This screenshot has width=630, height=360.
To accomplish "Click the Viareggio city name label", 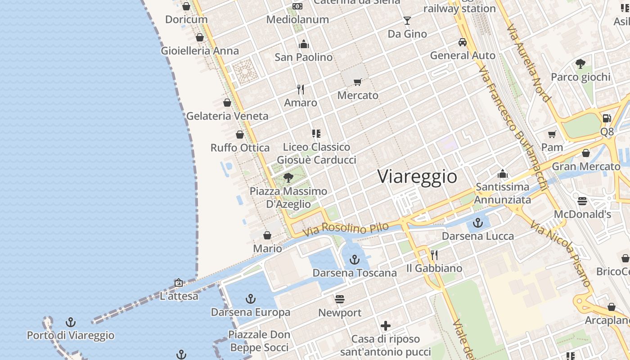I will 417,176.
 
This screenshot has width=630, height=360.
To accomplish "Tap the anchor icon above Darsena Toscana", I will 355,260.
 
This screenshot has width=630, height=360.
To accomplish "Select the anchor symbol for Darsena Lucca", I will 477,223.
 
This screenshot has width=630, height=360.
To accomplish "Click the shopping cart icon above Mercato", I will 358,82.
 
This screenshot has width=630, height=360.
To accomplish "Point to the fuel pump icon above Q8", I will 607,118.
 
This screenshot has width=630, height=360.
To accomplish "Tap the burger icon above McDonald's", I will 582,201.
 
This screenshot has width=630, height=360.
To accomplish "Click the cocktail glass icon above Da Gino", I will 407,21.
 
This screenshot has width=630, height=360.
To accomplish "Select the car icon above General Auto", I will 462,42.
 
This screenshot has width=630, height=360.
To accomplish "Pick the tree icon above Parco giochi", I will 580,64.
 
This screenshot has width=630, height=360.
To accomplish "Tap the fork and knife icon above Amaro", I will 301,90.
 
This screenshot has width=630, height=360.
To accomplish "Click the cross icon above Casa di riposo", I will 385,326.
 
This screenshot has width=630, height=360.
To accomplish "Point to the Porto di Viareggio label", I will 71,336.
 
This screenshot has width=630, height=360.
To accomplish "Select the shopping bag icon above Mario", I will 267,235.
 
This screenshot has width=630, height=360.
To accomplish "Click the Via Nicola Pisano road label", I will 560,253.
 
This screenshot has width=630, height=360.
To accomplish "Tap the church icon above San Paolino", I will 304,44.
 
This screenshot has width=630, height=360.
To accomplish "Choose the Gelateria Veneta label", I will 227,116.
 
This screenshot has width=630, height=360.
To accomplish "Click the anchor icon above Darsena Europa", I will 250,299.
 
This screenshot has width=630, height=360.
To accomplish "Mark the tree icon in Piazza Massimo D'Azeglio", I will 288,178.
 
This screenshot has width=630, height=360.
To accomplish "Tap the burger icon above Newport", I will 340,299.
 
